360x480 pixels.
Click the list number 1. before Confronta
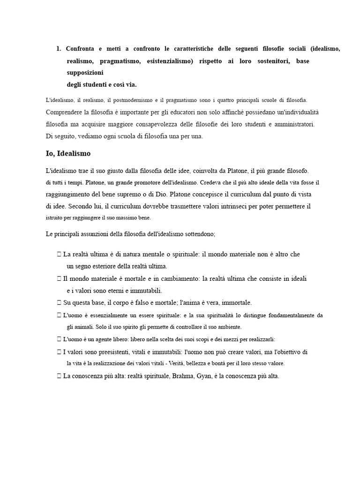click(59, 49)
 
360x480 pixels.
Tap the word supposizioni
click(85, 73)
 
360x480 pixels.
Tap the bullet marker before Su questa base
click(59, 302)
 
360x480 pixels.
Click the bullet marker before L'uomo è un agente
click(59, 339)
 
